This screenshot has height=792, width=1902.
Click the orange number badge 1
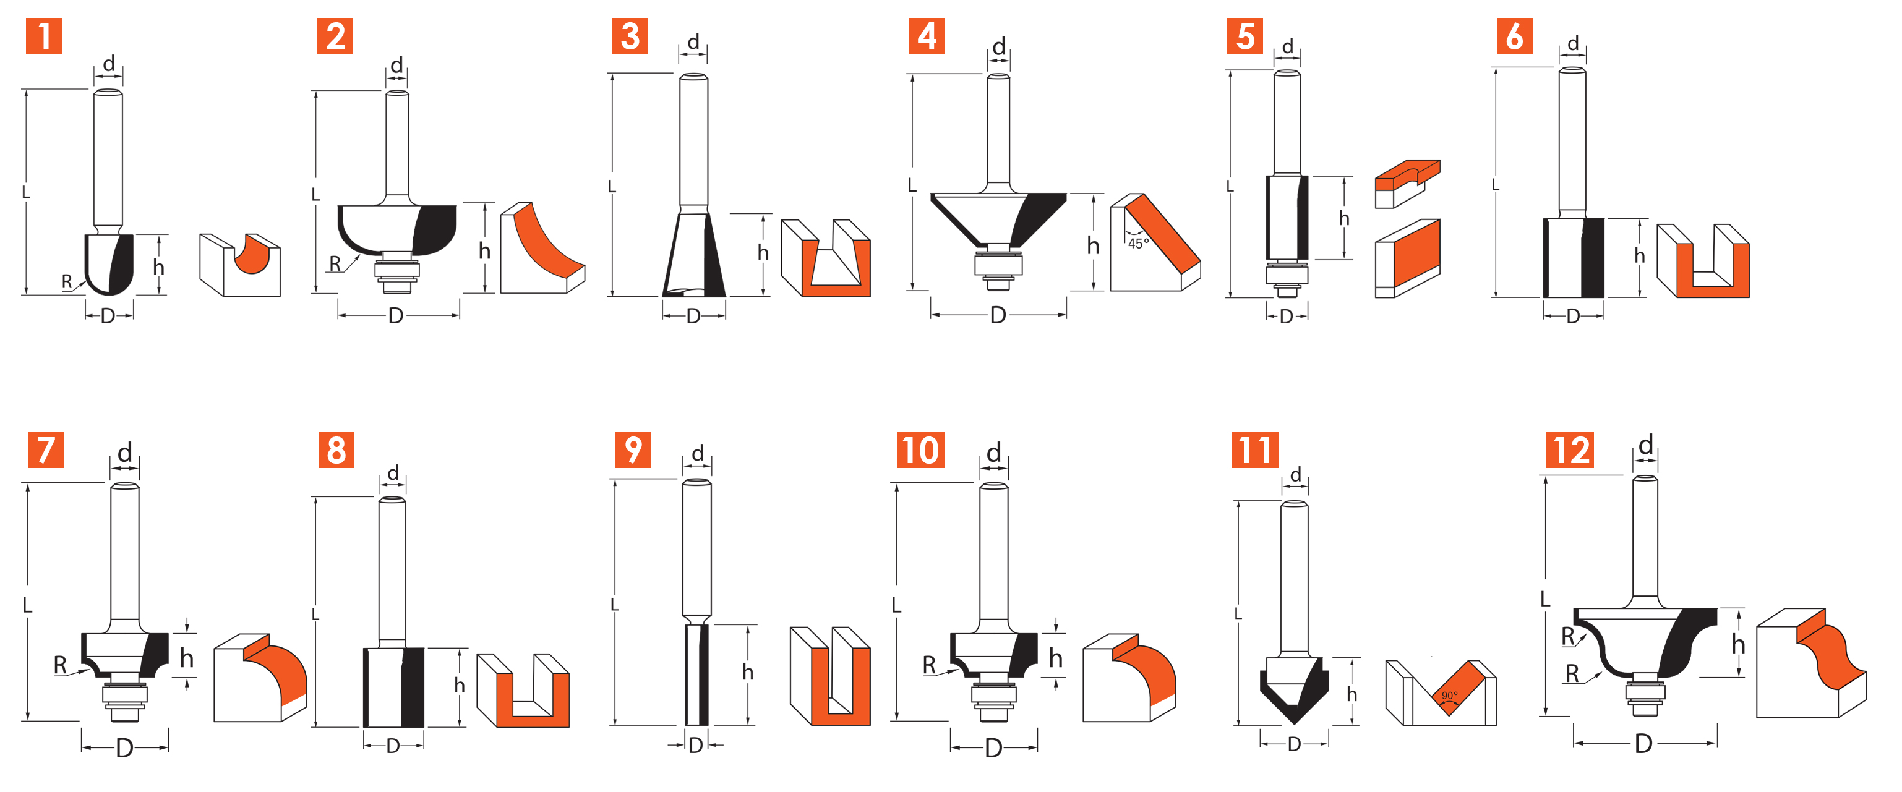43,36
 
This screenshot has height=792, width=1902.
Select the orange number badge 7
45,450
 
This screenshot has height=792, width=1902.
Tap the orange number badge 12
1570,450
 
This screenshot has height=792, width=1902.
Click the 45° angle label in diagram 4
1138,243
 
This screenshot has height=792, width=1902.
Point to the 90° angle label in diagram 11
1449,696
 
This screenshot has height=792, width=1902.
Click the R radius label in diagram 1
66,281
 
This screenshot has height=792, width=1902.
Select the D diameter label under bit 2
396,316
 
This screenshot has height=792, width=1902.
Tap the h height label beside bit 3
763,253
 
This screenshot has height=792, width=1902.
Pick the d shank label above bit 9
698,453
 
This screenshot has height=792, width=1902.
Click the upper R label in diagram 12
1567,636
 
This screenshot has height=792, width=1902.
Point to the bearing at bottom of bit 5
1287,275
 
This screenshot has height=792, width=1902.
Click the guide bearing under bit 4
998,263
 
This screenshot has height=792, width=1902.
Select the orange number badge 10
921,450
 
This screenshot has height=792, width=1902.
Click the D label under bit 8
393,746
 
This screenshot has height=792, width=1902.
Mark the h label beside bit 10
1056,658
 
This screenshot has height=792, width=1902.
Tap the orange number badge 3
630,36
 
